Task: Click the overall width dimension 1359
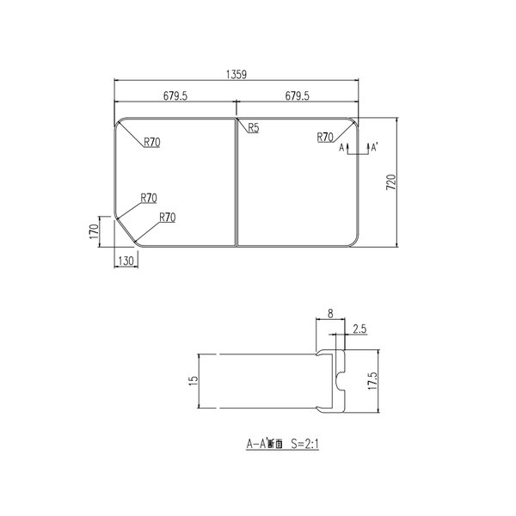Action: click(237, 76)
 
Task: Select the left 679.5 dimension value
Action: click(175, 96)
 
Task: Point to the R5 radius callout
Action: click(254, 128)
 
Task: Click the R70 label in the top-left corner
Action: click(151, 142)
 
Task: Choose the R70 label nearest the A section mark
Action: click(325, 137)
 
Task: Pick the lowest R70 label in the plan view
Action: click(167, 218)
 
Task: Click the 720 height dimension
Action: click(390, 181)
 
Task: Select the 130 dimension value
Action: click(126, 260)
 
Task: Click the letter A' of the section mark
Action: click(374, 148)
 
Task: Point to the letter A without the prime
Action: click(341, 148)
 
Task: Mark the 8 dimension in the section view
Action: click(330, 315)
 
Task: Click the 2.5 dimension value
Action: click(360, 328)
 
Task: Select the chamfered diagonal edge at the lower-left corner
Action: click(126, 230)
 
